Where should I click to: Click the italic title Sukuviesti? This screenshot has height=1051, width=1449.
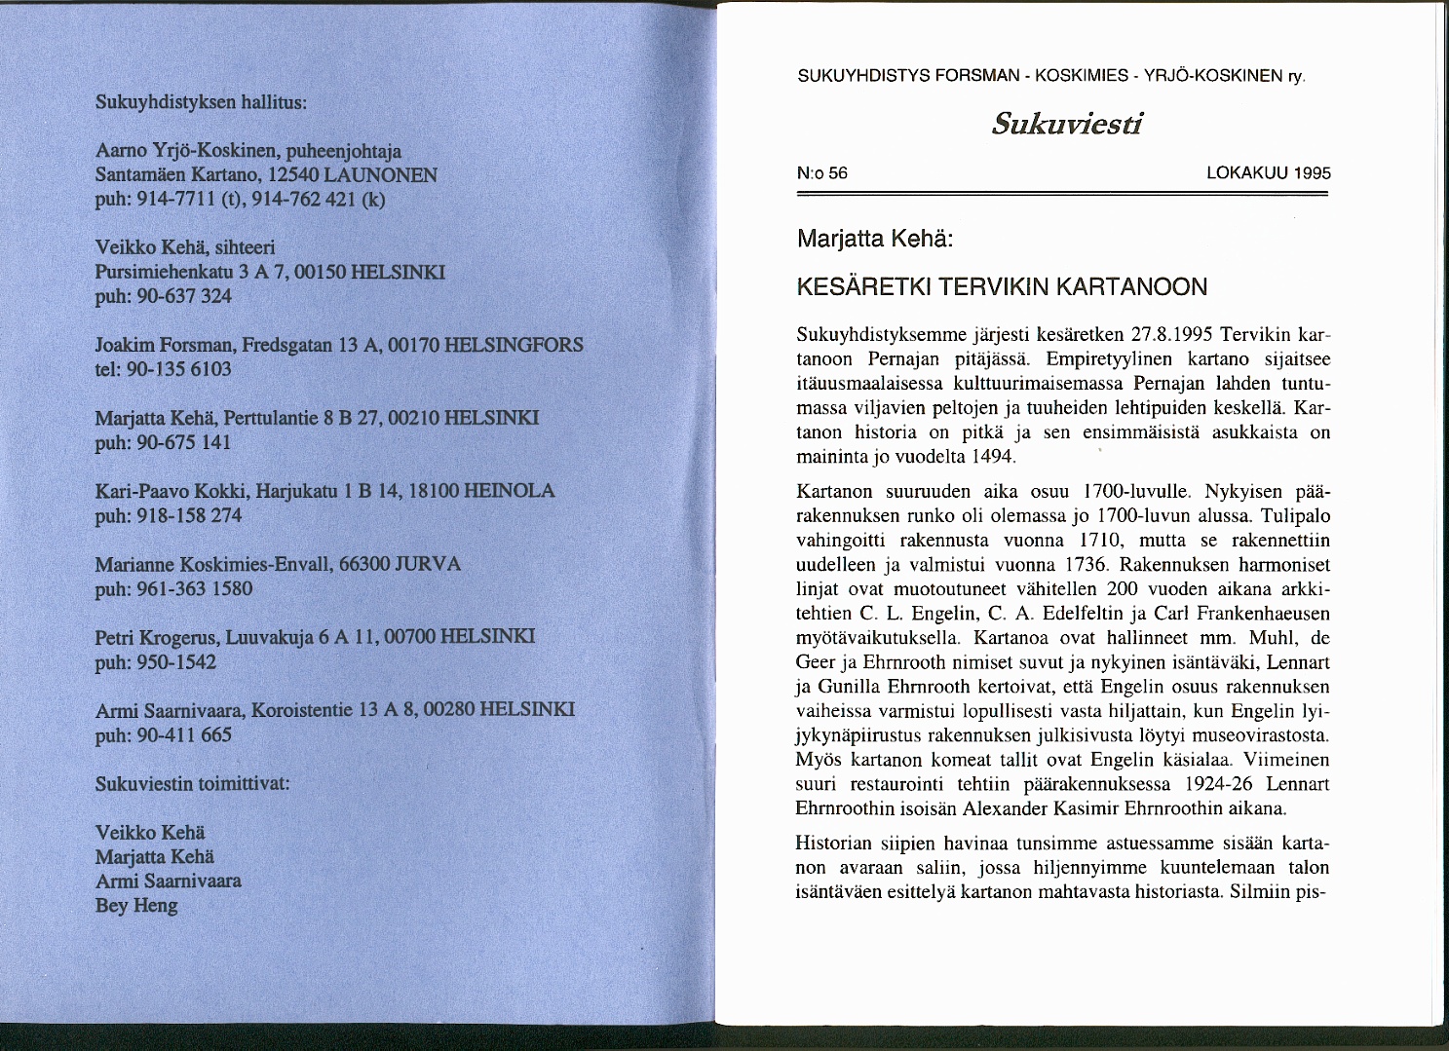(1066, 125)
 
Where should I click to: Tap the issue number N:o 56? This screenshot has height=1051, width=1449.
(821, 173)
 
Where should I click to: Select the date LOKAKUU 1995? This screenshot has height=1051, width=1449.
(1268, 173)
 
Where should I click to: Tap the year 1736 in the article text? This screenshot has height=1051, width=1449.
(1087, 565)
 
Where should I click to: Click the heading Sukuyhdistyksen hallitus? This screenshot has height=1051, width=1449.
(202, 102)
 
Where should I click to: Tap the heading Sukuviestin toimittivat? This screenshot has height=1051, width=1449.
(193, 784)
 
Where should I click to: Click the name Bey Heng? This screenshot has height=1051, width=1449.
(136, 906)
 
